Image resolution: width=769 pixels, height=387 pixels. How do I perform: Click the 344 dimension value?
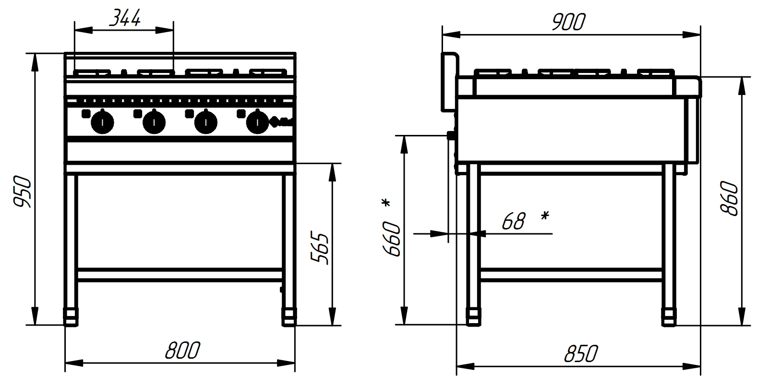point(125,18)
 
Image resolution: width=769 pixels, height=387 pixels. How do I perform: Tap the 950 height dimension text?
point(22,191)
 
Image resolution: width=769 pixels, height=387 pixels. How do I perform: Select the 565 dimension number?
point(320,249)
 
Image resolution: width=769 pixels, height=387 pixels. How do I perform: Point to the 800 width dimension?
point(182,350)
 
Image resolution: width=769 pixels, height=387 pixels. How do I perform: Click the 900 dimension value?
point(568,22)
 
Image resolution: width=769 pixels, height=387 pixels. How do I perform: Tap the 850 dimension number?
point(581,354)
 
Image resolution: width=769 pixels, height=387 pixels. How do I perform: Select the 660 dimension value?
point(392,239)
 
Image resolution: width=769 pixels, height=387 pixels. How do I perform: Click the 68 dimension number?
point(514,221)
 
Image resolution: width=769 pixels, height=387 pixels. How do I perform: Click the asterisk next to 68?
point(545,215)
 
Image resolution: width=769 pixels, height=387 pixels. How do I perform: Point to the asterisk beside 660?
point(386,203)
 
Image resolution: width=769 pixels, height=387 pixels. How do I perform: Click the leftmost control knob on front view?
point(102,122)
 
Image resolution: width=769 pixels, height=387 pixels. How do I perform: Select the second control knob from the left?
point(154,122)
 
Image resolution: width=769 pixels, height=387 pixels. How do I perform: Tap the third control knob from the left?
point(205,122)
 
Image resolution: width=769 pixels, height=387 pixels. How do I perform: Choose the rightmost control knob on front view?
point(257,122)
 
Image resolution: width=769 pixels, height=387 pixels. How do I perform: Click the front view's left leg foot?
point(71,317)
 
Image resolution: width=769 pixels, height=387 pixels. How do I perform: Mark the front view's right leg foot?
point(289,317)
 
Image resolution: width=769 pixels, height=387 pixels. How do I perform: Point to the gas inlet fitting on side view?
point(451,135)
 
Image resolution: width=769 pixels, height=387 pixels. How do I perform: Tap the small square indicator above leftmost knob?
point(86,114)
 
